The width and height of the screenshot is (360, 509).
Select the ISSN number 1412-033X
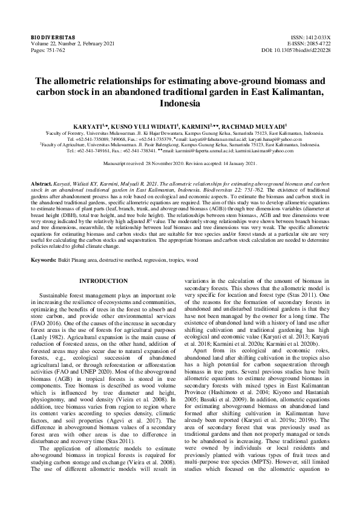point(316,37)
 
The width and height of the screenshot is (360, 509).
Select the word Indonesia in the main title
point(180,103)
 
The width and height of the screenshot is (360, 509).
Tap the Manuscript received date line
point(180,164)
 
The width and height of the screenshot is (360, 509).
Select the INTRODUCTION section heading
point(104,281)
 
